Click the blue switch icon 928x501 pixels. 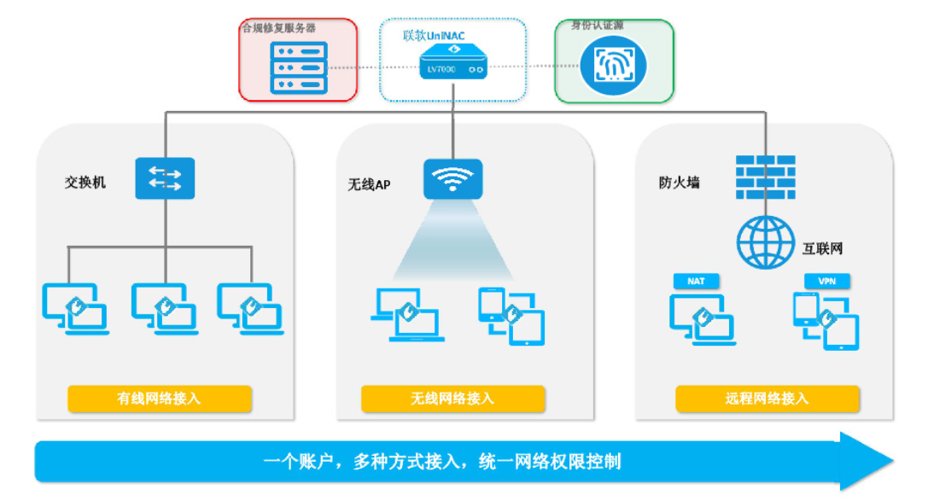point(165,178)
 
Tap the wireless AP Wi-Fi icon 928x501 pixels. point(452,178)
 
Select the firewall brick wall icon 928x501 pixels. point(765,177)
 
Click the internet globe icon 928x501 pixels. point(765,241)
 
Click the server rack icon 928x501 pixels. point(298,67)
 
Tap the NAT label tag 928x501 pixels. point(696,281)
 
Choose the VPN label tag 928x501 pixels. point(826,281)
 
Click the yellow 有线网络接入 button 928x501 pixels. point(160,399)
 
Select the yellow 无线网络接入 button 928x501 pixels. point(452,399)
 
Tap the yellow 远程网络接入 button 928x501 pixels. point(766,399)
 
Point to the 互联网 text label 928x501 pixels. point(822,249)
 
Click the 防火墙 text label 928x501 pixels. point(679,182)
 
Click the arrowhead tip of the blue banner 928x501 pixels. point(888,462)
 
